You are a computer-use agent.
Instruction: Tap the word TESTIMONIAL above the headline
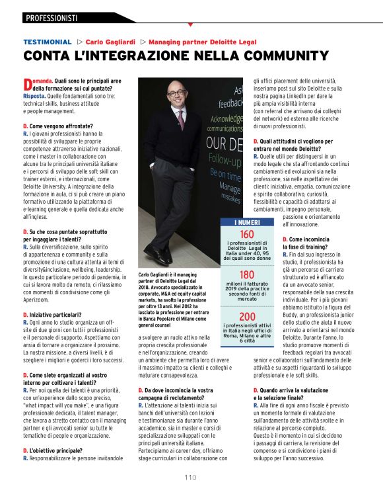tap(48, 41)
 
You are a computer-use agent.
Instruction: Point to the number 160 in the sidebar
tap(247, 235)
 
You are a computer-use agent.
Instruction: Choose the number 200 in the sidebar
tap(247, 317)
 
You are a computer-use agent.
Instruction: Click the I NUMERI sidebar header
tap(247, 223)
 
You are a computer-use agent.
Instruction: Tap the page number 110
tap(191, 477)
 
